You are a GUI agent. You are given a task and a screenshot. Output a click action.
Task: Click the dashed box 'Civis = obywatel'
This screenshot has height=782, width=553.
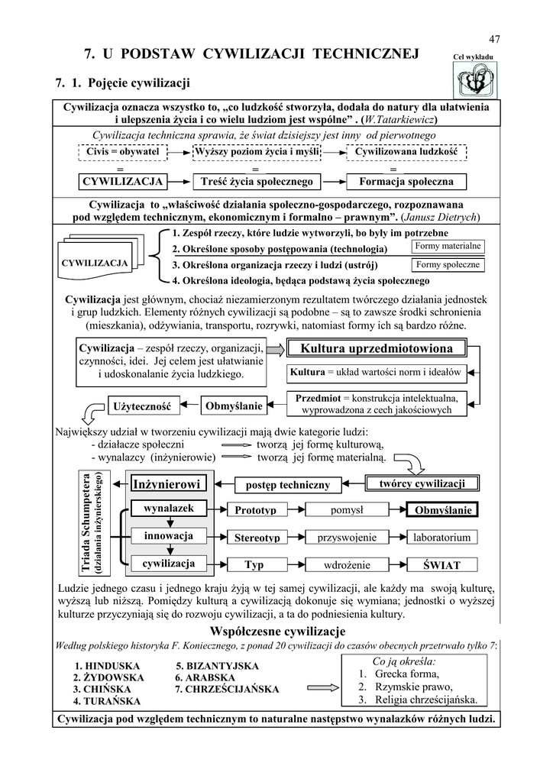point(122,152)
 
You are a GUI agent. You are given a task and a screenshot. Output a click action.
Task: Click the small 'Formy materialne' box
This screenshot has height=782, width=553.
point(448,246)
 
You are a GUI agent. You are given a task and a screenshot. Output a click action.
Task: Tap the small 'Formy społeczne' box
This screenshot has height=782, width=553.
point(448,265)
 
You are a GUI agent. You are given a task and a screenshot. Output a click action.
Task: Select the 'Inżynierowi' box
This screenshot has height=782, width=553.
point(166,484)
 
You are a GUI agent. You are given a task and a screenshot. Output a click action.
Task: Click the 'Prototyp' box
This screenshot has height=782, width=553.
point(255,509)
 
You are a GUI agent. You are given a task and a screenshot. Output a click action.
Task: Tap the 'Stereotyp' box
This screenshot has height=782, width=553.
point(257,538)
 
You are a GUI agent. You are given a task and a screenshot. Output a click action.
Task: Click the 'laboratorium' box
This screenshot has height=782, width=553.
point(442,538)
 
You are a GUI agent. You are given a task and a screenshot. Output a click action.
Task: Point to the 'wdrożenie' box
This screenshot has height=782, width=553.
point(348,565)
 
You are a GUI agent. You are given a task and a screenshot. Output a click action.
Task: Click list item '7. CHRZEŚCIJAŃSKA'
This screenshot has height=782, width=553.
point(227,689)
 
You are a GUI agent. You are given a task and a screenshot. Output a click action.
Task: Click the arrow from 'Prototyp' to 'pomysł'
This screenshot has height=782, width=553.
point(293,509)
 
